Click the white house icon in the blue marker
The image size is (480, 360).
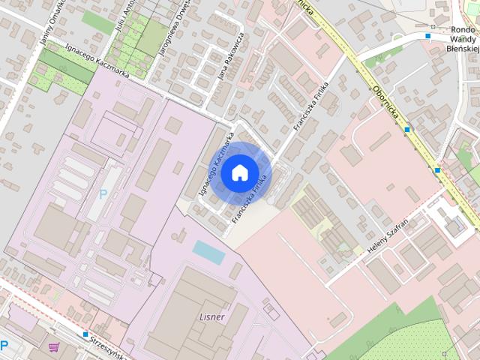(x=238, y=172)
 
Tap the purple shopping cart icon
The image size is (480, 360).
(x=53, y=346)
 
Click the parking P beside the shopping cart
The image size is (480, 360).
(x=4, y=346)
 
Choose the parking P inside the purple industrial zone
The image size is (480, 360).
(x=103, y=194)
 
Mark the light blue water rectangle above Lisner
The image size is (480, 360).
(x=208, y=251)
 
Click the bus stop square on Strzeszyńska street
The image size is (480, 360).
(x=86, y=334)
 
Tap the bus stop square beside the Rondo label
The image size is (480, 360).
(x=427, y=35)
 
